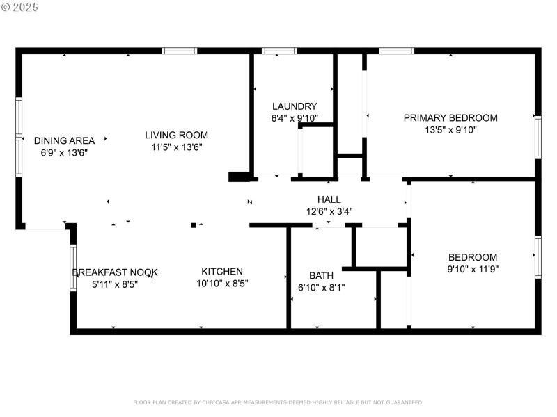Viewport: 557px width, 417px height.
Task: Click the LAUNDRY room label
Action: coord(294,106)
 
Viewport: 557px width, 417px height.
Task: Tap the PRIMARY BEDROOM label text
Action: coord(450,117)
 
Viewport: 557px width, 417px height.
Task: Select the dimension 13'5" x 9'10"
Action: coord(450,129)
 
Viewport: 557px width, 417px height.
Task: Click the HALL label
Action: coord(329,199)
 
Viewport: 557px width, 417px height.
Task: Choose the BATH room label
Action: coord(321,275)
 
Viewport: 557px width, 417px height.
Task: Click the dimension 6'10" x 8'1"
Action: coord(321,287)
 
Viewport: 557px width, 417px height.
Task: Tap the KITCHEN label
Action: coord(222,271)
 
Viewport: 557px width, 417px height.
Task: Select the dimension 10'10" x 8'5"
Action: coord(222,283)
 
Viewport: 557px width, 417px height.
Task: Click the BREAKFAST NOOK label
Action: coord(115,272)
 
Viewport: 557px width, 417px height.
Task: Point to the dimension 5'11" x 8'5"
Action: coord(115,284)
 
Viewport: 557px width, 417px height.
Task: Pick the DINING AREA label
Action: coord(64,140)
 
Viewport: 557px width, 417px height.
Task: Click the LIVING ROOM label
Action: coord(176,135)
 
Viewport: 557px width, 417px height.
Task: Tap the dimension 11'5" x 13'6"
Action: coord(176,147)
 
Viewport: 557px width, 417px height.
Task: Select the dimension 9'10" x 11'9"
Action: coord(473,268)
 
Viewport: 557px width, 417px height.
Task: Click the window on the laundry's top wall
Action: coord(279,51)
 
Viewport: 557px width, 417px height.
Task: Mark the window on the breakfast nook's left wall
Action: coord(73,268)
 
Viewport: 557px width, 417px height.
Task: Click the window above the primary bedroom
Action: coord(396,51)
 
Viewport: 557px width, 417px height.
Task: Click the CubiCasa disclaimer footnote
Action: coord(278,402)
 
